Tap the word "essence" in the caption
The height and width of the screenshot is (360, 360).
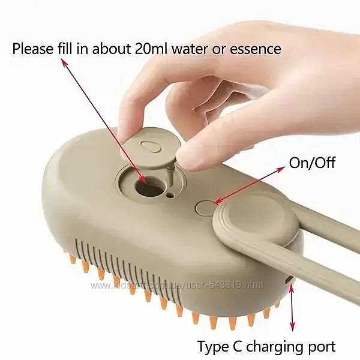[x=256, y=50]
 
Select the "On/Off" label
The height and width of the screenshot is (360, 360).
[x=312, y=163]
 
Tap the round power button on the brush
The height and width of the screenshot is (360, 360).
[x=205, y=208]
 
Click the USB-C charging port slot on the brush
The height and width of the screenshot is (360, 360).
[x=289, y=280]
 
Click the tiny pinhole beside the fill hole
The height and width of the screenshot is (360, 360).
[x=170, y=195]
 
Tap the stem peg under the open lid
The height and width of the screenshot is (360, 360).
[x=170, y=173]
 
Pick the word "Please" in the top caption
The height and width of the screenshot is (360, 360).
[x=32, y=49]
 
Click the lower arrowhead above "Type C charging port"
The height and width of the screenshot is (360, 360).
[x=292, y=327]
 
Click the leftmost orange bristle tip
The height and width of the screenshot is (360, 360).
[x=73, y=259]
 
